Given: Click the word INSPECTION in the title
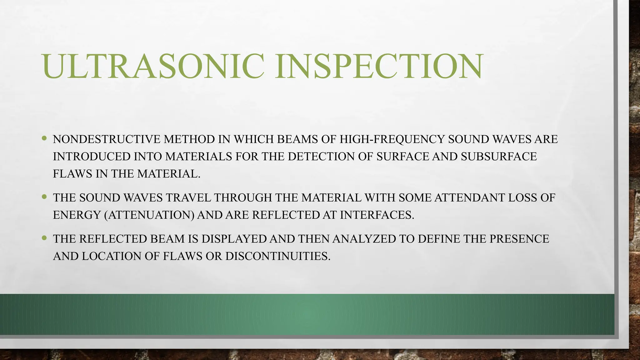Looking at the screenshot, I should point(379,67).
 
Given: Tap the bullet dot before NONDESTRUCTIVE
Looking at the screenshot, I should point(44,138).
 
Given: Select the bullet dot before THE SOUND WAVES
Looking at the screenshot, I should point(44,197).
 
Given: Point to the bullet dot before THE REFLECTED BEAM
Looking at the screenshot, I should point(44,238).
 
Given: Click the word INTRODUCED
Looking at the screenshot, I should point(92,156).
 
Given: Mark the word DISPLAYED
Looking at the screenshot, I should point(234,239).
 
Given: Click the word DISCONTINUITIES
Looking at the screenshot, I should point(278,256).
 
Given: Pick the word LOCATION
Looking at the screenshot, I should point(112,256).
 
